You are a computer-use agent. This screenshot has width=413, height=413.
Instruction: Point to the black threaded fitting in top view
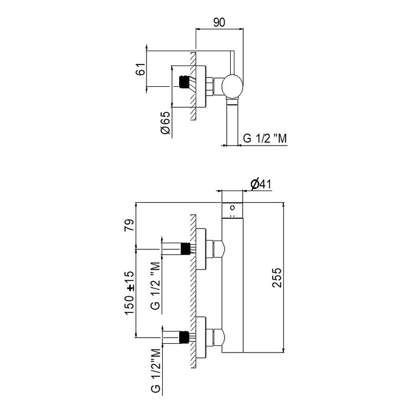tap(182, 82)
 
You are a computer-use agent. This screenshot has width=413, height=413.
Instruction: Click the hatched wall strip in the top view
tap(192, 86)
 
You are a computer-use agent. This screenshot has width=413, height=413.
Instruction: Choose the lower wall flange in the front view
tap(201, 338)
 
